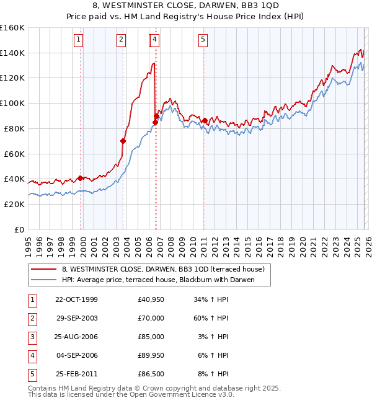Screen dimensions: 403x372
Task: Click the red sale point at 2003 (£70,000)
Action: click(123, 141)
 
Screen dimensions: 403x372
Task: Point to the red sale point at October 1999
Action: click(81, 178)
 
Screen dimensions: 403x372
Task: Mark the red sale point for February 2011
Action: click(205, 120)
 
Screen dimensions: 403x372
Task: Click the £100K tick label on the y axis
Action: click(12, 103)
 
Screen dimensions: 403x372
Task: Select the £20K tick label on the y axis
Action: click(14, 204)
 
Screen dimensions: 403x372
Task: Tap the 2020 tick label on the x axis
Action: click(302, 242)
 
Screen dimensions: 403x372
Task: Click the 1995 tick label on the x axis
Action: click(28, 242)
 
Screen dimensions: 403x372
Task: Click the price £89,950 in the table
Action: click(151, 355)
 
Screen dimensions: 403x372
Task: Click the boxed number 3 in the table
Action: click(31, 337)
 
